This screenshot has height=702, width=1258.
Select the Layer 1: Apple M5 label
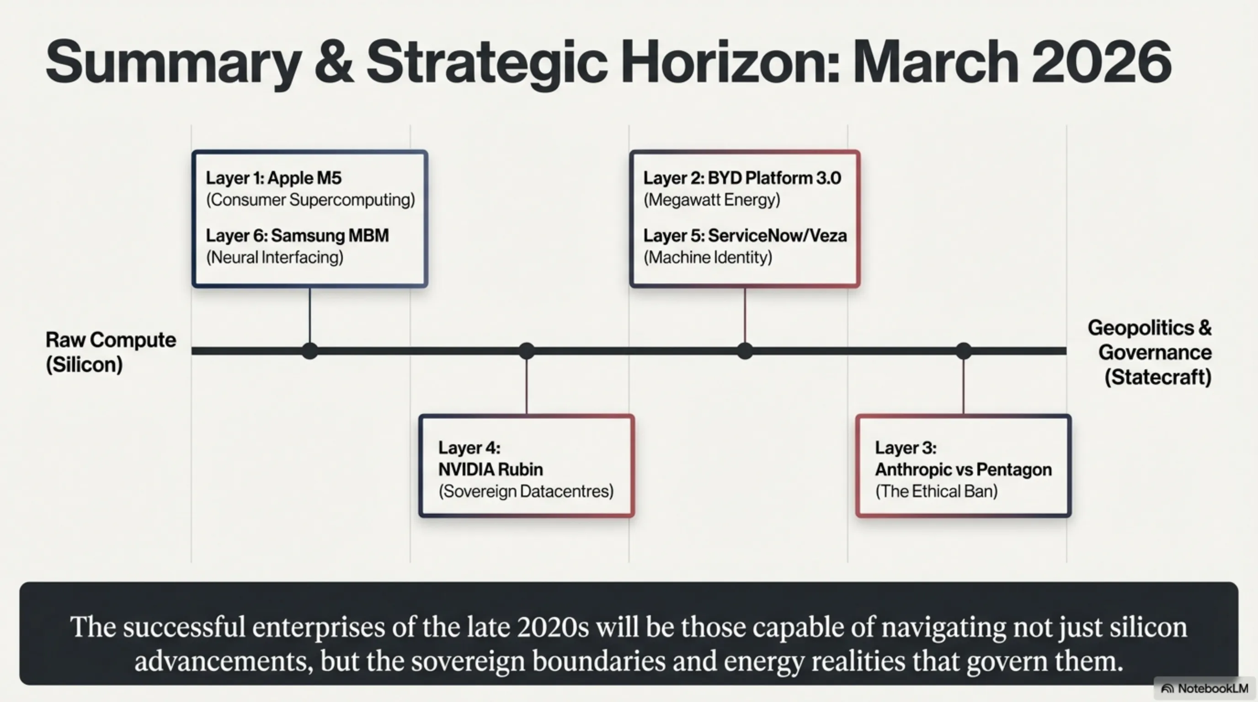273,178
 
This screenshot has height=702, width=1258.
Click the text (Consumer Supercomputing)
310,200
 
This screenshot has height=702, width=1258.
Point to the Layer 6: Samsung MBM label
298,235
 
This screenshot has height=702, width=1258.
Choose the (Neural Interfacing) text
274,257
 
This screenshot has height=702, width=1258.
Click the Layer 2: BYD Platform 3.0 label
742,178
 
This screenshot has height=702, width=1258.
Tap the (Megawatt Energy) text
712,200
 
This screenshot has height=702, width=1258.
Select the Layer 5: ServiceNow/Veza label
745,235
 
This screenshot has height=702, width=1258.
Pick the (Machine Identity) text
708,257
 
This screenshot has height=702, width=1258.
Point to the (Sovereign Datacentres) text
526,491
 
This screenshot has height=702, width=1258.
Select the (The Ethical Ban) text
936,491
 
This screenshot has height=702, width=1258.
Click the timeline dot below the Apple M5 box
309,351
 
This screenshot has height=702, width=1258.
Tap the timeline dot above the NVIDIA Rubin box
527,351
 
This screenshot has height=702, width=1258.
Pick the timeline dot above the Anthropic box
964,351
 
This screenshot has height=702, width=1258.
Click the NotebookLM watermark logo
1167,689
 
